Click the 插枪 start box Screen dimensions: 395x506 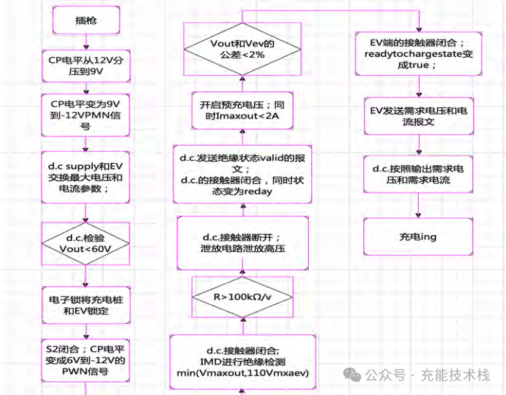[x=86, y=21]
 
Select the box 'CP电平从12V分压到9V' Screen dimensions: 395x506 [x=86, y=66]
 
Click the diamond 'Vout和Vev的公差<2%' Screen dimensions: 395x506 [x=242, y=49]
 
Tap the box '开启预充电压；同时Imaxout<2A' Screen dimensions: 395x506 [x=242, y=110]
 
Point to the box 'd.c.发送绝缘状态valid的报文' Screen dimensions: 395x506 [x=242, y=174]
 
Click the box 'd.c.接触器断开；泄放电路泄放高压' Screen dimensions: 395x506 [x=242, y=243]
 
